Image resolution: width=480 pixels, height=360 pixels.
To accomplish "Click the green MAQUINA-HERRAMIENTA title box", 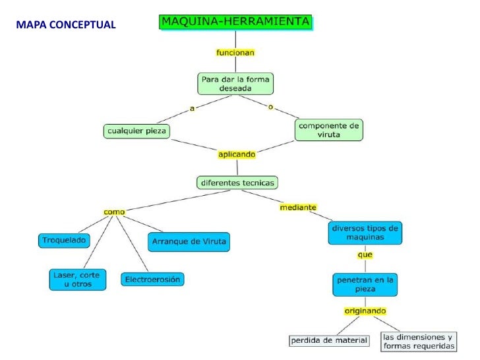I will coord(235,22).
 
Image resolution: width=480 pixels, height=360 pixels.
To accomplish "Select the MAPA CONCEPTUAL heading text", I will coord(66,25).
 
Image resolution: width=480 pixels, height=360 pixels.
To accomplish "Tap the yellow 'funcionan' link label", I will coord(235,51).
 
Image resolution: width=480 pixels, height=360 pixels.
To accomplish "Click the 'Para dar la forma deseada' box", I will coord(235,83).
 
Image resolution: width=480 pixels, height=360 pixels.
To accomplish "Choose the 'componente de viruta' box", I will coord(328,129).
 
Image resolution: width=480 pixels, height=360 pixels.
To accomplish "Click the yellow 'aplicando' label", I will coord(237,154).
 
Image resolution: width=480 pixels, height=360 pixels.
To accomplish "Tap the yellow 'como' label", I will coord(114,212).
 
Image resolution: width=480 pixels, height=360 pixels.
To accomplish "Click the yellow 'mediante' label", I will coord(298,207).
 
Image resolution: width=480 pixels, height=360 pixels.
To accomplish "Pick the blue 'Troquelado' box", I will coord(64,241).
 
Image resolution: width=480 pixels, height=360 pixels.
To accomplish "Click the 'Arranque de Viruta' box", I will coord(189,241).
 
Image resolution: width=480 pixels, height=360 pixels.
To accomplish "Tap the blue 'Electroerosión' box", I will coord(152,280).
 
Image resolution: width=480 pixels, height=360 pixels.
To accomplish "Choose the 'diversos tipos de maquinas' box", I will coord(365,233).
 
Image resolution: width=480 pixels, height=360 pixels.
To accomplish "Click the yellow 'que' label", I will coord(365,255).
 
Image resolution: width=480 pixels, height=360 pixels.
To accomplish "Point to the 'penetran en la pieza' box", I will coord(365,284).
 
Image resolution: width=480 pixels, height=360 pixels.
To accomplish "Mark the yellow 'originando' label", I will coord(365,311).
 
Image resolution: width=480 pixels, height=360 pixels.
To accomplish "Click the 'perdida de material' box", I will coord(329,340).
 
